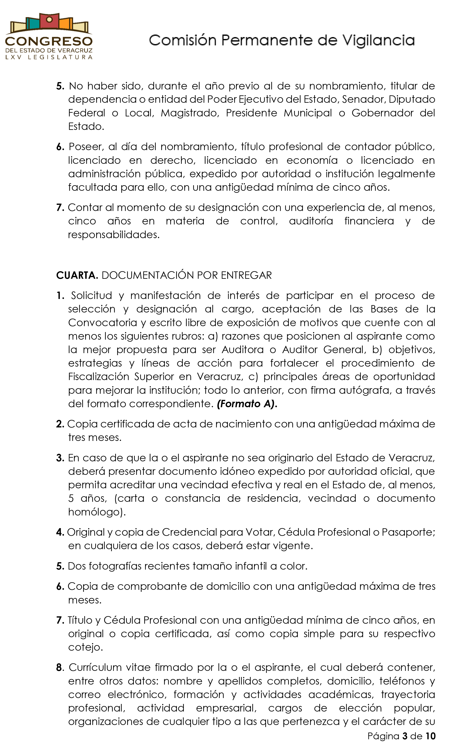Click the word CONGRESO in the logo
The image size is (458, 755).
tap(49, 41)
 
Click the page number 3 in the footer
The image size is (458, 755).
tap(405, 736)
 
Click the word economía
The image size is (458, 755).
tap(312, 160)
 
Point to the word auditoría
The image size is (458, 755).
tap(311, 221)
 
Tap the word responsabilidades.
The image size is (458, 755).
tap(114, 235)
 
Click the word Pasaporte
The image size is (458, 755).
tap(408, 532)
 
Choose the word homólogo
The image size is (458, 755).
tap(96, 512)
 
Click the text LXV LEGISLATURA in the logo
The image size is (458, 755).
tap(49, 57)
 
